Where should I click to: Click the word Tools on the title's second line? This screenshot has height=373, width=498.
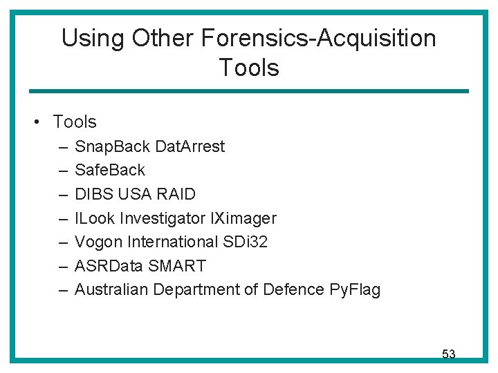point(249,68)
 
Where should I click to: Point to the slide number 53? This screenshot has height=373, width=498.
point(449,354)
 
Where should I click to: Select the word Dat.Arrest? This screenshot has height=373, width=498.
point(190,146)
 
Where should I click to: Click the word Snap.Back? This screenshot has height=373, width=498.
point(113,146)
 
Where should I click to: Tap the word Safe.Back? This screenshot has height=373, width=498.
point(110,170)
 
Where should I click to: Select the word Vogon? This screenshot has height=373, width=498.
point(98,242)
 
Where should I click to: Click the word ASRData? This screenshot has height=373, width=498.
point(108,266)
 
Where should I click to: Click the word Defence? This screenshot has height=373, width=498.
point(293,290)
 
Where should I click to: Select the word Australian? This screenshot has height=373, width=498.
point(111,290)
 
